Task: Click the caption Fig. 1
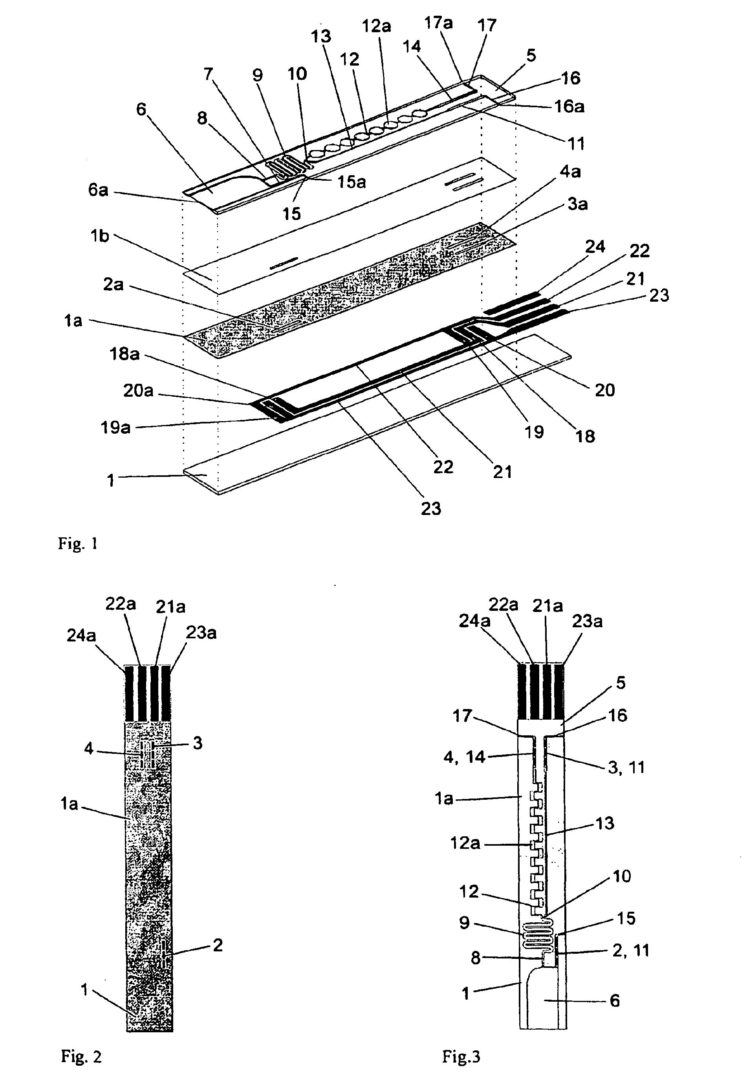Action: [x=78, y=543]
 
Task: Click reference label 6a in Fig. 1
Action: [x=98, y=190]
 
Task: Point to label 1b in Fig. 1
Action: [x=100, y=236]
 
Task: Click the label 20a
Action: [x=138, y=390]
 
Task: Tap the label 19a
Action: [x=115, y=427]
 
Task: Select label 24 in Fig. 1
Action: [x=595, y=247]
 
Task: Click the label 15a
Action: [x=352, y=182]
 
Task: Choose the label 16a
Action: [x=569, y=107]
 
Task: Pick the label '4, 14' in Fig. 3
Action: [x=464, y=757]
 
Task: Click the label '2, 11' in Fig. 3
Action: [x=630, y=951]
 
